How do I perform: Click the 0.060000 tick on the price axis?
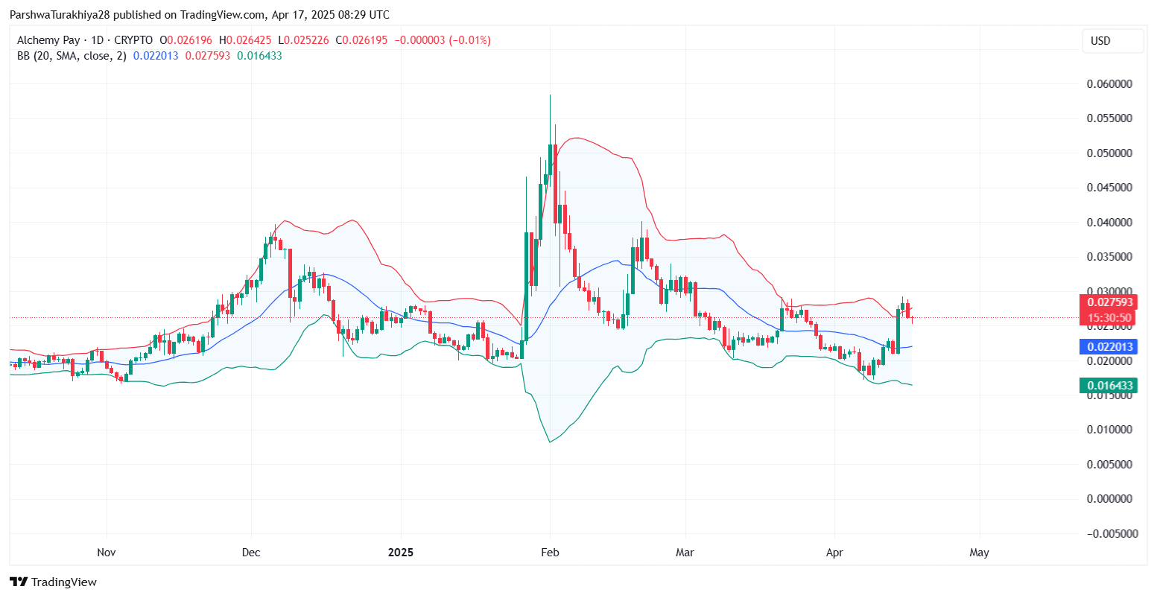pos(1109,84)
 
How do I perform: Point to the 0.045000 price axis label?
pos(1109,188)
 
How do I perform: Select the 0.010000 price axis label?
pos(1109,430)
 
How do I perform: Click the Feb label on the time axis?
pos(550,553)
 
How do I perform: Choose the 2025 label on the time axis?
pos(401,553)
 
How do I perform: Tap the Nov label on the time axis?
pos(107,553)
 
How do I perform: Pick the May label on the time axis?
pos(979,553)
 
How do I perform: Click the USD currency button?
pos(1100,41)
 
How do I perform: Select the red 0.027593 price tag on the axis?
pos(1110,302)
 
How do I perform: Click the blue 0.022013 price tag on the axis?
pos(1110,346)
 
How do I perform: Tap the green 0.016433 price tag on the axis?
pos(1110,385)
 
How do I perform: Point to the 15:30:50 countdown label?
pos(1110,318)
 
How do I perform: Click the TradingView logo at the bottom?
pos(53,582)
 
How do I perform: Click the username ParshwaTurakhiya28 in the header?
pos(59,15)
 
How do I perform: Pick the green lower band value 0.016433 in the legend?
pos(259,56)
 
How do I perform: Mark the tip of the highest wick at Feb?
pos(550,95)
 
